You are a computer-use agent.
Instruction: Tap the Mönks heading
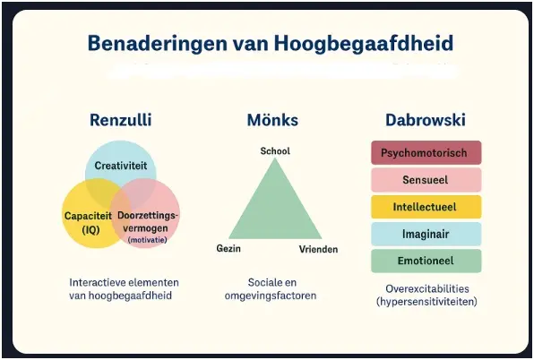tap(273, 119)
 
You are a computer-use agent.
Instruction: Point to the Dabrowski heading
tap(426, 119)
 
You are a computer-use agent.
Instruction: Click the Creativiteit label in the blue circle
tap(121, 165)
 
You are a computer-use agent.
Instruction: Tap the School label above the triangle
tap(275, 151)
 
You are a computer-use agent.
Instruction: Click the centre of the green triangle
tap(273, 210)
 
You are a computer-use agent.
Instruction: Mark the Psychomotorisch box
tap(425, 153)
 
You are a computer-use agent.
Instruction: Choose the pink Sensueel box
tap(425, 180)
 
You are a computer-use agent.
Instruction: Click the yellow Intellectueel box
tap(425, 207)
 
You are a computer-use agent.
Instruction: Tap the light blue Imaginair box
tap(425, 234)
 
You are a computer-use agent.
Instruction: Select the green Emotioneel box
tap(425, 261)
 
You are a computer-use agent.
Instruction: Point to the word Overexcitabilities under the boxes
tap(426, 288)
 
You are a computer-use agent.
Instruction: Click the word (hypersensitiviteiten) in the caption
tap(426, 302)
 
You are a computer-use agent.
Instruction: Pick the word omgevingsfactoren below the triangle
tap(273, 296)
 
